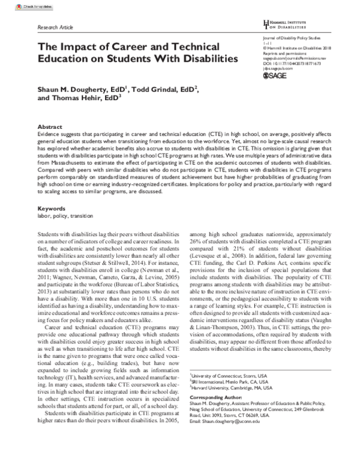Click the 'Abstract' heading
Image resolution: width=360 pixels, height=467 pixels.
click(x=49, y=128)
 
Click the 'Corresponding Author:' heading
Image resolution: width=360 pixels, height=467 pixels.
click(x=212, y=414)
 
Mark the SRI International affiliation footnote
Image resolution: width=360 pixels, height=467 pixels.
click(x=224, y=397)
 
